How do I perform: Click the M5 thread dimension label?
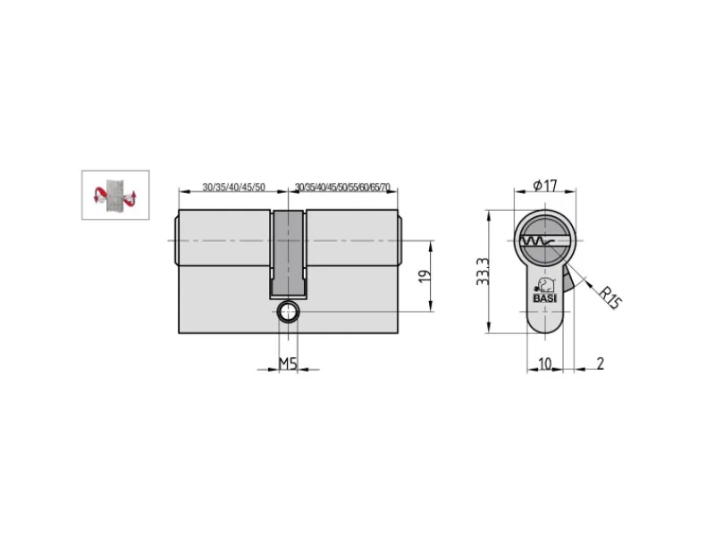(x=288, y=364)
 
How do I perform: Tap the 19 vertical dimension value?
(x=425, y=277)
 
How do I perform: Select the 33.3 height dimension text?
(x=483, y=272)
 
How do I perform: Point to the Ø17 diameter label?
(x=545, y=186)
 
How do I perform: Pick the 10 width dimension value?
(x=545, y=364)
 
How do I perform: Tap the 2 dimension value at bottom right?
(x=600, y=364)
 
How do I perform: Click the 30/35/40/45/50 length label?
(x=233, y=188)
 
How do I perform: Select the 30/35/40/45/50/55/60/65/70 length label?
(x=342, y=188)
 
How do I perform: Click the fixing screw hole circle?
(x=288, y=312)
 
